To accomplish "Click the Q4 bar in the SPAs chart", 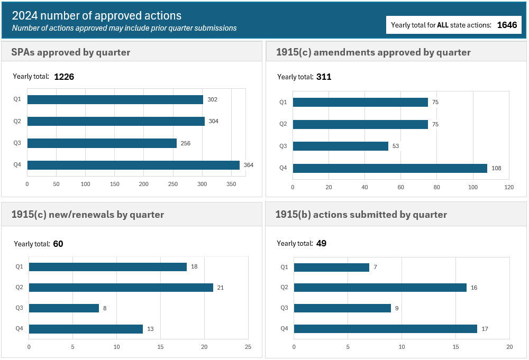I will point(133,165).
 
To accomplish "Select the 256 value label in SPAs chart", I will point(185,143).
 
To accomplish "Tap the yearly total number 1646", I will point(507,25).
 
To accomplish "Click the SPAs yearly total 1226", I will point(64,77).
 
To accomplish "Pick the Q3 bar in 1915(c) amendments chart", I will point(340,146).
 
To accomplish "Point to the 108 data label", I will point(496,168).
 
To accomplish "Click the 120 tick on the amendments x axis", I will point(508,187).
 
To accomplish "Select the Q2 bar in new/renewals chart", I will point(121,288).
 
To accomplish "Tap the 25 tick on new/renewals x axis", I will point(248,347).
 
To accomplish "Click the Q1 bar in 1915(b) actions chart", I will point(332,267).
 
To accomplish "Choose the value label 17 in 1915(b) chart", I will point(485,329).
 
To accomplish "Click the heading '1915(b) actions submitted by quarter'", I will point(361,215).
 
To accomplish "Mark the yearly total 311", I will point(324,77).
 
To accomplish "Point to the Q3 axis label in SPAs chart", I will point(17,143).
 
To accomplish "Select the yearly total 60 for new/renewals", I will point(58,244).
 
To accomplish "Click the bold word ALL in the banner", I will point(443,25).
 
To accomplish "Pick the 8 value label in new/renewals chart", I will point(105,308).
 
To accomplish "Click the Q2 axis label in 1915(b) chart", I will point(284,288).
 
